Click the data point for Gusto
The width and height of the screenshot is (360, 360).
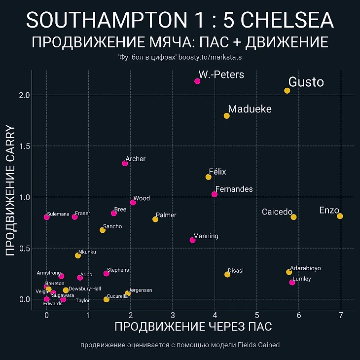point(287,91)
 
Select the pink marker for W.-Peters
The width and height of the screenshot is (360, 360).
point(197,81)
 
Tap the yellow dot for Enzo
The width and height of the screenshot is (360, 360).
point(340,216)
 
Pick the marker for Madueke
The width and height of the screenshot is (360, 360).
point(226,116)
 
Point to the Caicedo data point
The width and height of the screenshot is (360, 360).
point(293,217)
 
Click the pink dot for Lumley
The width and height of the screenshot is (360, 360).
point(292,282)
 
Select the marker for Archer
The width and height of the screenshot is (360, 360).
point(125,163)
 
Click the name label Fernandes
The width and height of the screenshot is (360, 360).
point(234,189)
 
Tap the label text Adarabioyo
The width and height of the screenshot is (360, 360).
point(305,268)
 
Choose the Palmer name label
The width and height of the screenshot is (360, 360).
point(166,216)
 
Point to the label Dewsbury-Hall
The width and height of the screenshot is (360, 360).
point(85,288)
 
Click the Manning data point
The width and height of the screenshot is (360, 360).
point(192,240)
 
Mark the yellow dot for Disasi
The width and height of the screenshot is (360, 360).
point(227,274)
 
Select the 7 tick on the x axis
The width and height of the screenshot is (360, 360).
point(341,316)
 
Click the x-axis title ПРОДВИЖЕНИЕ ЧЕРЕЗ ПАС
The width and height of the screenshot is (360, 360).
point(193,327)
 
